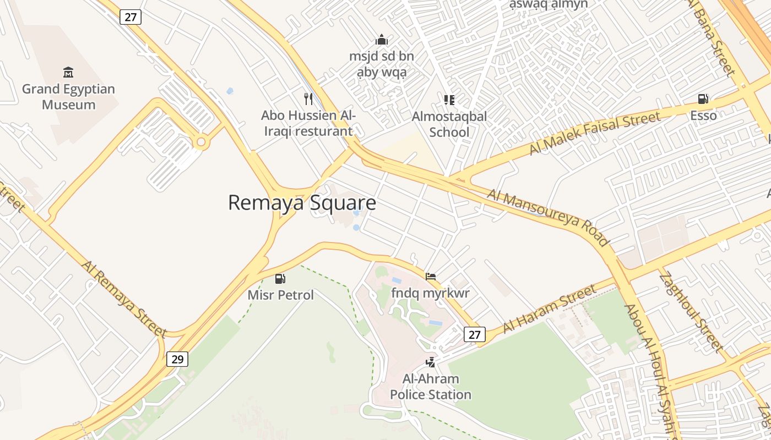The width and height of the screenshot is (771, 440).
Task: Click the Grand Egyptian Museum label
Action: point(68,97)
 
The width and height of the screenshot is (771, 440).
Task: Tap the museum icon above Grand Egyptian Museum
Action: point(68,72)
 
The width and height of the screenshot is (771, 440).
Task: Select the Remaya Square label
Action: point(302,203)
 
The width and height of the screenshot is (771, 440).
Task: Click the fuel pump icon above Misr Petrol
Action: point(280,279)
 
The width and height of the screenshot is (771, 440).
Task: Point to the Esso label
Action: point(703,116)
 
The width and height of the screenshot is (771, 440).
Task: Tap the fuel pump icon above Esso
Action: point(703,99)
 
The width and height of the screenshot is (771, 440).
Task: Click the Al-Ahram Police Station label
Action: point(431,387)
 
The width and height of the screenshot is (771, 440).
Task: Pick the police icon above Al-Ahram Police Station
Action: point(430,362)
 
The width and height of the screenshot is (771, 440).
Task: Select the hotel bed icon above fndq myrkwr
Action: point(431,276)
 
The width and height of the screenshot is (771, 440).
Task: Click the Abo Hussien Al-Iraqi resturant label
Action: point(308,124)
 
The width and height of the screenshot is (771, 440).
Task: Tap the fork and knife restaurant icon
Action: point(308,99)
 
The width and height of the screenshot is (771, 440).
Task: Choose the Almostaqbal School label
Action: point(449,124)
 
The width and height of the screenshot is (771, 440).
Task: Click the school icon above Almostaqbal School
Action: point(449,100)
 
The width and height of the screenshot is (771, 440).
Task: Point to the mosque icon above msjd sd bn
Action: point(381,40)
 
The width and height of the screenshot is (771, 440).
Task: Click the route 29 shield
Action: point(177,359)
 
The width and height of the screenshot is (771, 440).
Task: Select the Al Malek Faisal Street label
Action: point(595,133)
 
